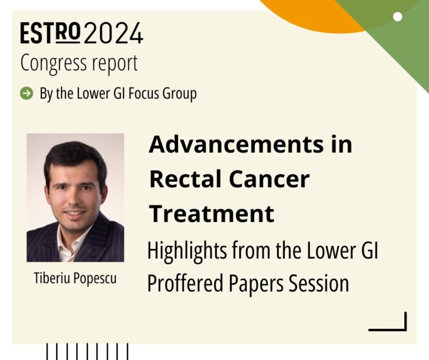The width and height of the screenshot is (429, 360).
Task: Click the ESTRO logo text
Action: (x=50, y=34)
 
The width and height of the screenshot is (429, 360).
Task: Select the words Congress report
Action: (x=79, y=63)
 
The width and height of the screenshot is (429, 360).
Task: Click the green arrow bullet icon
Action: (x=26, y=94)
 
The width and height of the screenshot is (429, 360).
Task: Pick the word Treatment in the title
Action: (x=212, y=213)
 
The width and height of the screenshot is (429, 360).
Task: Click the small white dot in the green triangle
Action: (x=397, y=17)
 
